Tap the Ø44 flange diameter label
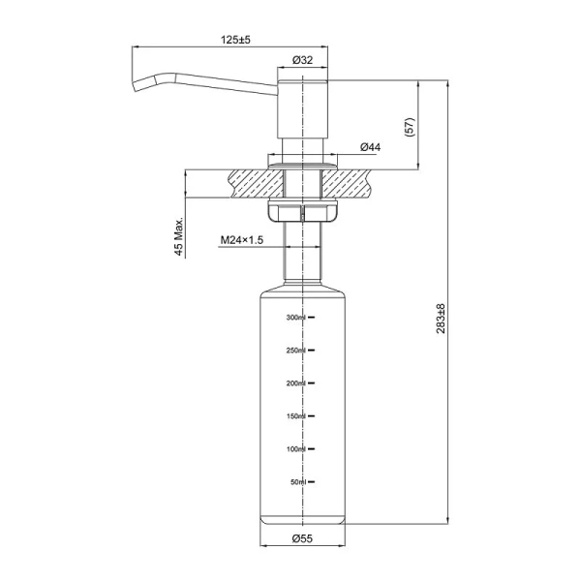pyautogui.click(x=369, y=147)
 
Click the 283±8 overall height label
pyautogui.click(x=441, y=319)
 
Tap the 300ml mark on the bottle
pyautogui.click(x=295, y=318)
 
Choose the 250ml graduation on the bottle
pyautogui.click(x=295, y=351)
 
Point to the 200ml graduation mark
pyautogui.click(x=295, y=383)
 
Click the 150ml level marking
pyautogui.click(x=295, y=416)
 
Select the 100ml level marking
pyautogui.click(x=295, y=449)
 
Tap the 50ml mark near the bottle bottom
pyautogui.click(x=297, y=481)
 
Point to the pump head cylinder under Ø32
pyautogui.click(x=302, y=107)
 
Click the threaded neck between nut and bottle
pyautogui.click(x=302, y=252)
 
